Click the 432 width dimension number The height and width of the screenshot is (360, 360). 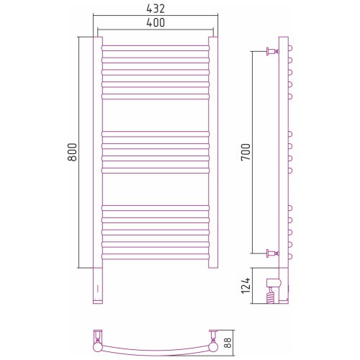coord(156,9)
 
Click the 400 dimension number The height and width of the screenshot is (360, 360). coord(156,22)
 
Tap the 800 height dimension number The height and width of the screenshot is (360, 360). coord(72,152)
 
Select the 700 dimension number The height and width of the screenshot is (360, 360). coord(246,152)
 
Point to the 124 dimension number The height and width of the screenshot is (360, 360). coord(246,286)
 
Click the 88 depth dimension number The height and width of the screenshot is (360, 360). coord(228,343)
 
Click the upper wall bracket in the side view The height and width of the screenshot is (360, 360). coord(272,51)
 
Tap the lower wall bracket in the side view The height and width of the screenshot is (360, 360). coord(272,253)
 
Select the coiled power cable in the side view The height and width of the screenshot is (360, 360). coord(270,296)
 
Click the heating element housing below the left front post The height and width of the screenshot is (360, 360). coord(98,286)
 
